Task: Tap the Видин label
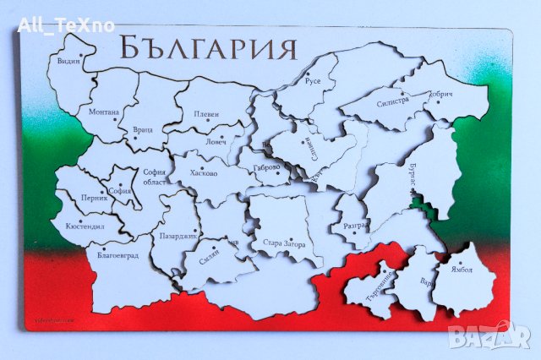tap(68, 62)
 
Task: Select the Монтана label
tap(103, 112)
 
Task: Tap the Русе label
tap(313, 83)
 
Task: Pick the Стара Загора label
tap(290, 244)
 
